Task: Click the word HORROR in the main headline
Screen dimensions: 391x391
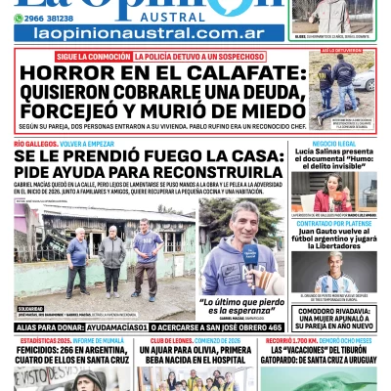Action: pyautogui.click(x=65, y=73)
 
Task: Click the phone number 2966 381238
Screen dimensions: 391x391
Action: pyautogui.click(x=45, y=19)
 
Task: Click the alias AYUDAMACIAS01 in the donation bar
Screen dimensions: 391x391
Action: pyautogui.click(x=115, y=326)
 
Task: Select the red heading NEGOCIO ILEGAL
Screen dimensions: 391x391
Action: pyautogui.click(x=333, y=143)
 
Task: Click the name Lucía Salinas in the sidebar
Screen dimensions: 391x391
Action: pyautogui.click(x=319, y=152)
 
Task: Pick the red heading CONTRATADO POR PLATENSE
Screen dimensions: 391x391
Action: pyautogui.click(x=333, y=224)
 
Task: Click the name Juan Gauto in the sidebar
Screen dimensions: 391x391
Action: pyautogui.click(x=313, y=235)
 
